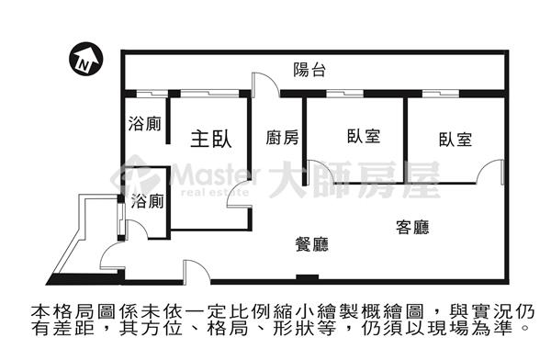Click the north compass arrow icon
point(85,59)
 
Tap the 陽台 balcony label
point(309,70)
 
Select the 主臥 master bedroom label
point(211,139)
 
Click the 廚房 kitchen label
point(282,138)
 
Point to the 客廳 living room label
point(412,227)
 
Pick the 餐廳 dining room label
point(311,244)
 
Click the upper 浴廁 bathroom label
point(145,124)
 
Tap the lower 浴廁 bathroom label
point(148,201)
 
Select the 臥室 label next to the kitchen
point(364,136)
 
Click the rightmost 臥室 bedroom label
point(455,140)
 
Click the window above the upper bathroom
point(152,94)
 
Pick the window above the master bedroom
point(209,94)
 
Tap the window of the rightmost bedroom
point(441,94)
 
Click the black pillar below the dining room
point(307,277)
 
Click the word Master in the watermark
point(216,174)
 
